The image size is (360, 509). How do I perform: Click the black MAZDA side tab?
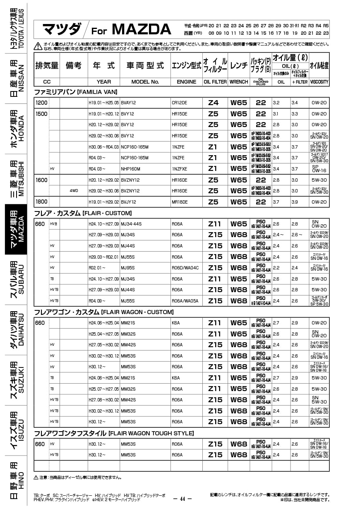pyautogui.click(x=16, y=229)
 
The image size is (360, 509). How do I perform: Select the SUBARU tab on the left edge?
pyautogui.click(x=16, y=280)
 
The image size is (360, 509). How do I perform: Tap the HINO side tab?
pyautogui.click(x=16, y=480)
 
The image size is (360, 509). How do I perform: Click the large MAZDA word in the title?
pyautogui.click(x=141, y=29)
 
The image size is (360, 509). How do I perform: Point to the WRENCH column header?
pyautogui.click(x=239, y=82)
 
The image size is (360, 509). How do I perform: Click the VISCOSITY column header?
pyautogui.click(x=319, y=82)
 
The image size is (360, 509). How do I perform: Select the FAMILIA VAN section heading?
pyautogui.click(x=76, y=92)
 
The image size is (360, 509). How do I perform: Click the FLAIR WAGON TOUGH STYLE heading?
pyautogui.click(x=114, y=433)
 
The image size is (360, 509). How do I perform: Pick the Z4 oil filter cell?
pyautogui.click(x=213, y=103)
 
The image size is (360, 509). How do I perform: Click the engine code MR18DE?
pyautogui.click(x=180, y=202)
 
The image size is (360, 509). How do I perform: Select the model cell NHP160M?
pyautogui.click(x=131, y=169)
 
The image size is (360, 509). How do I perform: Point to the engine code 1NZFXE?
pyautogui.click(x=180, y=169)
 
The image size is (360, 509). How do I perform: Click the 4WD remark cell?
pyautogui.click(x=74, y=191)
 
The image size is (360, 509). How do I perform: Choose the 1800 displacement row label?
pyautogui.click(x=41, y=202)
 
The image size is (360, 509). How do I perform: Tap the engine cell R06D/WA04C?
pyautogui.click(x=185, y=268)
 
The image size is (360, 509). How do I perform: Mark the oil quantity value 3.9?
pyautogui.click(x=295, y=202)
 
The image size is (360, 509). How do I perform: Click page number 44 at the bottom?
pyautogui.click(x=182, y=499)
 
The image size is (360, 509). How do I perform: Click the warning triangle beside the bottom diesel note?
pyautogui.click(x=36, y=477)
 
